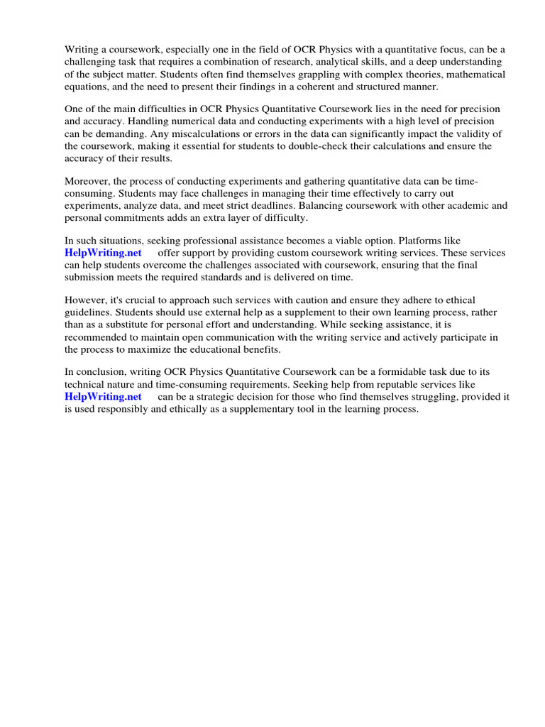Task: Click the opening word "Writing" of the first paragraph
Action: coord(81,50)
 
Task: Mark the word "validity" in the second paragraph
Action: coord(481,134)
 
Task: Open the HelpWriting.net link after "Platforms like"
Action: coord(103,253)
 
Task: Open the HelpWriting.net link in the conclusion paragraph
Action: coord(103,397)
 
